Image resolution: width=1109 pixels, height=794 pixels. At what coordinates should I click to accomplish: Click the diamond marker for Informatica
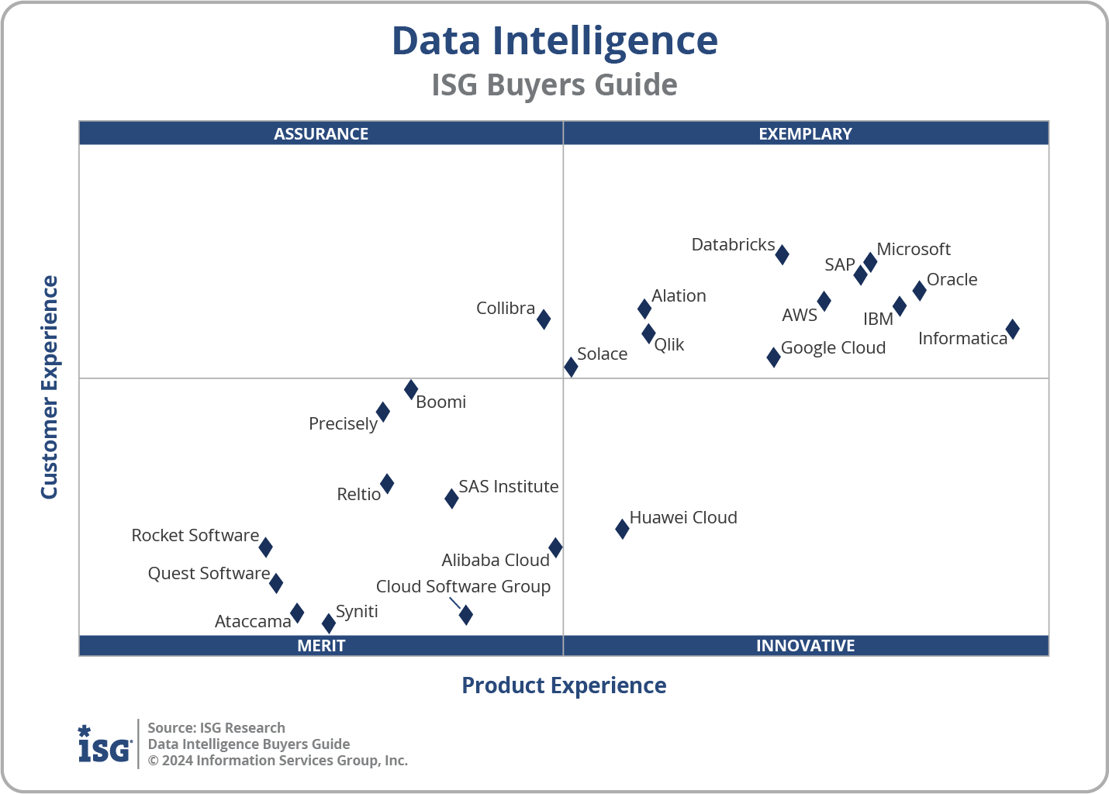coord(1012,330)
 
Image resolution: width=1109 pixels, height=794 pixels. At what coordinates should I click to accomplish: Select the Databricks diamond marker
coord(782,254)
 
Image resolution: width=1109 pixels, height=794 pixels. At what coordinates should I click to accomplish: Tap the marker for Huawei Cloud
coord(622,529)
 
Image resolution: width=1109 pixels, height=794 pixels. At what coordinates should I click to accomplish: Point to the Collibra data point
coord(544,319)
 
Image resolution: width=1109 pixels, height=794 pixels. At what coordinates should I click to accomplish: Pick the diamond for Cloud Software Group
coord(465,615)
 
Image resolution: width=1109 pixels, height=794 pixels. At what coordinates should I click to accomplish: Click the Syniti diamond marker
coord(329,623)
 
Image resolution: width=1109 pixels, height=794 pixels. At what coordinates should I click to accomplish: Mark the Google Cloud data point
coord(773,357)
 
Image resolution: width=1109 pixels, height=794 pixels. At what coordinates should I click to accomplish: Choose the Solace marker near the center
coord(571,367)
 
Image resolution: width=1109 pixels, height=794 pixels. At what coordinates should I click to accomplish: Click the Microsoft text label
coord(913,250)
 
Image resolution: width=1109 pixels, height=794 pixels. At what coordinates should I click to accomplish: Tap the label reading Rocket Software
coord(195,536)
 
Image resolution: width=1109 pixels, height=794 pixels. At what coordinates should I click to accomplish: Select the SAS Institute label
coord(508,487)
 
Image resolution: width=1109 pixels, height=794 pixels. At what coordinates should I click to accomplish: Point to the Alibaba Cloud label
coord(495,561)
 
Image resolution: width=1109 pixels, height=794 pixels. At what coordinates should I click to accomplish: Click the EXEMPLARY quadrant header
coord(805,134)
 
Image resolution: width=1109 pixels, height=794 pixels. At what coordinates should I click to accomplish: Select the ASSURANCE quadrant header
coord(321,134)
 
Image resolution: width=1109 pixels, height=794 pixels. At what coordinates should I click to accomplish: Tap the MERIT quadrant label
coord(321,646)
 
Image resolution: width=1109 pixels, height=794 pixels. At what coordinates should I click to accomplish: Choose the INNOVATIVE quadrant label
coord(805,646)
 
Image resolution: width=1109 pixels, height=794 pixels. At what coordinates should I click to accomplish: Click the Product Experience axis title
coord(564,685)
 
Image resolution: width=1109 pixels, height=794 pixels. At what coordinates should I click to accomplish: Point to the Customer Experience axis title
coord(50,388)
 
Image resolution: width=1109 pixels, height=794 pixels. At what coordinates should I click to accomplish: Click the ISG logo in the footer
coord(105,744)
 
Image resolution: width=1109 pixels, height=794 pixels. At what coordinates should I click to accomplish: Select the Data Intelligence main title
coord(554,41)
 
